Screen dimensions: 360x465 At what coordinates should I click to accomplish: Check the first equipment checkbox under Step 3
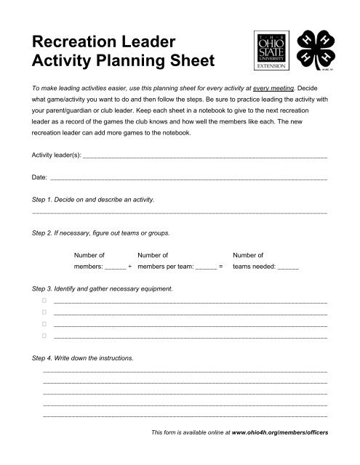coord(44,299)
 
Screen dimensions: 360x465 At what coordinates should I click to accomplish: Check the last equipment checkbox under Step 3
coord(44,336)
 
